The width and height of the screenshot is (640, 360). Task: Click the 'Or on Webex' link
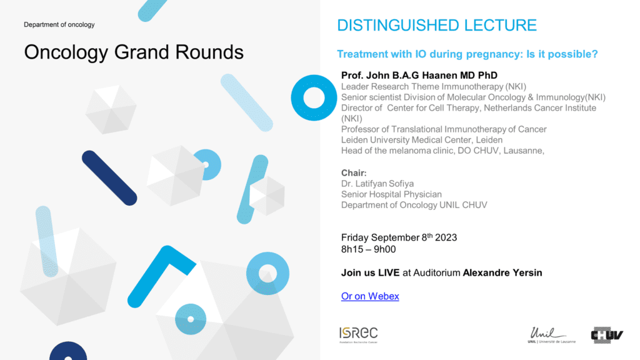(x=370, y=296)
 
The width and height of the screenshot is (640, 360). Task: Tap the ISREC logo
(x=358, y=335)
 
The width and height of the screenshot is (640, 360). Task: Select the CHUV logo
(x=607, y=335)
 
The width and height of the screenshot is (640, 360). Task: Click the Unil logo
(x=551, y=335)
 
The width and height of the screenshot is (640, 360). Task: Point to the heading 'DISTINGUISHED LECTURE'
(x=437, y=25)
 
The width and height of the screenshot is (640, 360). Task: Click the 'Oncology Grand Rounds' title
(x=134, y=52)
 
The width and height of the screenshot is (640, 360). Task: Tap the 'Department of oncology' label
(x=59, y=24)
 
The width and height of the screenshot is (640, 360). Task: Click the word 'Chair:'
(x=354, y=173)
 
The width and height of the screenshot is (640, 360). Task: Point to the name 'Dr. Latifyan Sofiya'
(x=377, y=184)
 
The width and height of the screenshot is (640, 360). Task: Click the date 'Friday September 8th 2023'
(x=399, y=237)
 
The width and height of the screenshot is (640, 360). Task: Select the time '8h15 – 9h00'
(x=369, y=249)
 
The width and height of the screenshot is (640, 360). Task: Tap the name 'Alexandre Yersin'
(x=502, y=272)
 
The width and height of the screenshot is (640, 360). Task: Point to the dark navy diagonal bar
(x=109, y=178)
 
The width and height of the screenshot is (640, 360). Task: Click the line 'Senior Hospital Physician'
(x=391, y=194)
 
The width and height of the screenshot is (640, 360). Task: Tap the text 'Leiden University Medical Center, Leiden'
(x=422, y=140)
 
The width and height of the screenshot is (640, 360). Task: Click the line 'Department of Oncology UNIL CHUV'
(x=414, y=205)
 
